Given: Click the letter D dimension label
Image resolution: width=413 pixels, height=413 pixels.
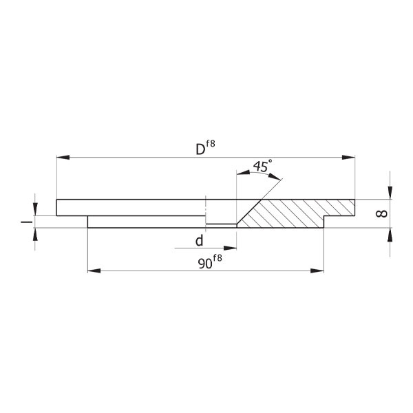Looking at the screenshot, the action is click(200, 149).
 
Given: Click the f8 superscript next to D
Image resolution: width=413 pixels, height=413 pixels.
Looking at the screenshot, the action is click(211, 144).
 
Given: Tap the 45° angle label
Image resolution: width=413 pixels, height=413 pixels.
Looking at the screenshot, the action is click(262, 166).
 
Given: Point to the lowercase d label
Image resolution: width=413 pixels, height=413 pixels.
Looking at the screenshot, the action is click(200, 240).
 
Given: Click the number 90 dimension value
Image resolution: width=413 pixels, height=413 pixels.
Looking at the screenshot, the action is click(205, 264).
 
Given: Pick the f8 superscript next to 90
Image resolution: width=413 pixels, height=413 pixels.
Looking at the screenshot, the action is click(218, 258).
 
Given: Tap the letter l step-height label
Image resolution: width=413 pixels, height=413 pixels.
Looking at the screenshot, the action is click(27, 222).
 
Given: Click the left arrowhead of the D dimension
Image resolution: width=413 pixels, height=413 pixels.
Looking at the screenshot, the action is click(63, 157).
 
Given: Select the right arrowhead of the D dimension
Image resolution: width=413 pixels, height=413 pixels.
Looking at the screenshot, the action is click(348, 157).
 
